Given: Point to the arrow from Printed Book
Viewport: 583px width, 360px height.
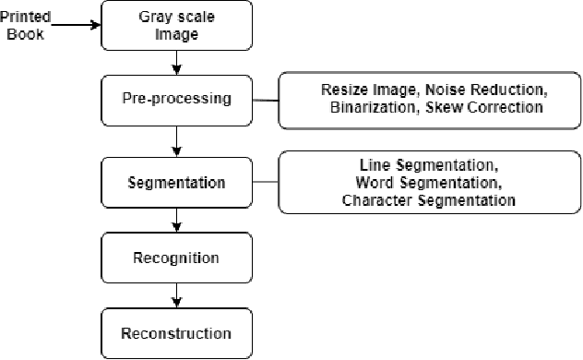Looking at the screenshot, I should click(74, 27).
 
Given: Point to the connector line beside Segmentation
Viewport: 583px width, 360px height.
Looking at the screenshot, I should click(265, 182).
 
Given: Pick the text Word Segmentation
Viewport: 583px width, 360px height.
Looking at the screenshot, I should click(423, 182).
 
